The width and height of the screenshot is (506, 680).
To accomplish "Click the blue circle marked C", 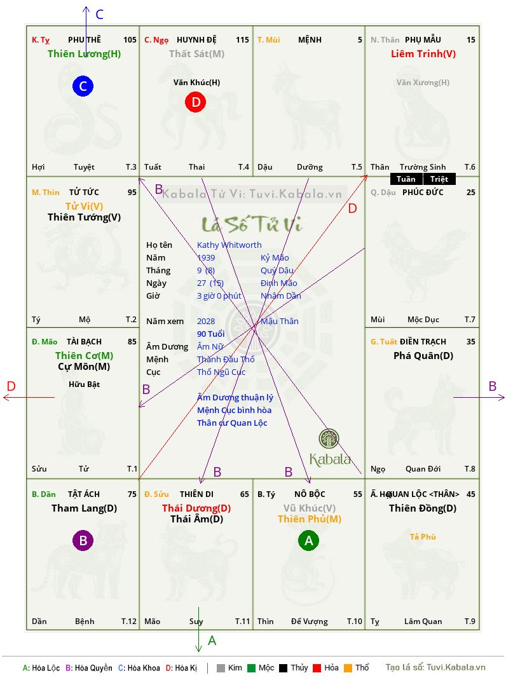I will [x=83, y=86].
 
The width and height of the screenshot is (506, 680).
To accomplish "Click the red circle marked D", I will [x=196, y=102].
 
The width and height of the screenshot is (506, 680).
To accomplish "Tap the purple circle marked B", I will [x=83, y=541].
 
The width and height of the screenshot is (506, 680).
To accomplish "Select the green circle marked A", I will [x=309, y=541].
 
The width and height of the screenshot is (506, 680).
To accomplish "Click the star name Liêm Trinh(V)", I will [x=423, y=54].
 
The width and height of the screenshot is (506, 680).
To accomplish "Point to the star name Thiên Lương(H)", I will [x=84, y=54].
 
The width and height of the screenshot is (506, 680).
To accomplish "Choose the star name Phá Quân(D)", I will [x=423, y=356].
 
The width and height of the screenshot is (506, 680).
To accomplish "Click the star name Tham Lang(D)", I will [x=84, y=508].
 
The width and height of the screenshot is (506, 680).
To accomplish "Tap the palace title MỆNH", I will [x=310, y=40].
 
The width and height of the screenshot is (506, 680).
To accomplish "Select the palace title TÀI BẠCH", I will [x=84, y=342].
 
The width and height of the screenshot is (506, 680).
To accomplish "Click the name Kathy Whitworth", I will [x=229, y=245].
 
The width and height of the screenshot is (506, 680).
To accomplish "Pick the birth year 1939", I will [x=206, y=258].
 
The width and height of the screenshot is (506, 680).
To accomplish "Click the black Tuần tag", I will [x=406, y=179].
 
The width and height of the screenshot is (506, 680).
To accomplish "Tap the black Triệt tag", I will [x=439, y=179].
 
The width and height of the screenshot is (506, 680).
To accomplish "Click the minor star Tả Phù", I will [x=423, y=537].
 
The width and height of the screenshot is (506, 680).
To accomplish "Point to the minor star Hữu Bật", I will [x=84, y=384].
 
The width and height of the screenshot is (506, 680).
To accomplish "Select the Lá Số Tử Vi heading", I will [x=252, y=224].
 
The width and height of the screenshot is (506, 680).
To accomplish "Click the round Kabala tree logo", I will [x=329, y=439].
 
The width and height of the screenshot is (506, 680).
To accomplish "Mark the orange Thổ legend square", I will [x=348, y=668].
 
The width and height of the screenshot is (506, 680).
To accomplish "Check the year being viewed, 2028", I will [x=206, y=322].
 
